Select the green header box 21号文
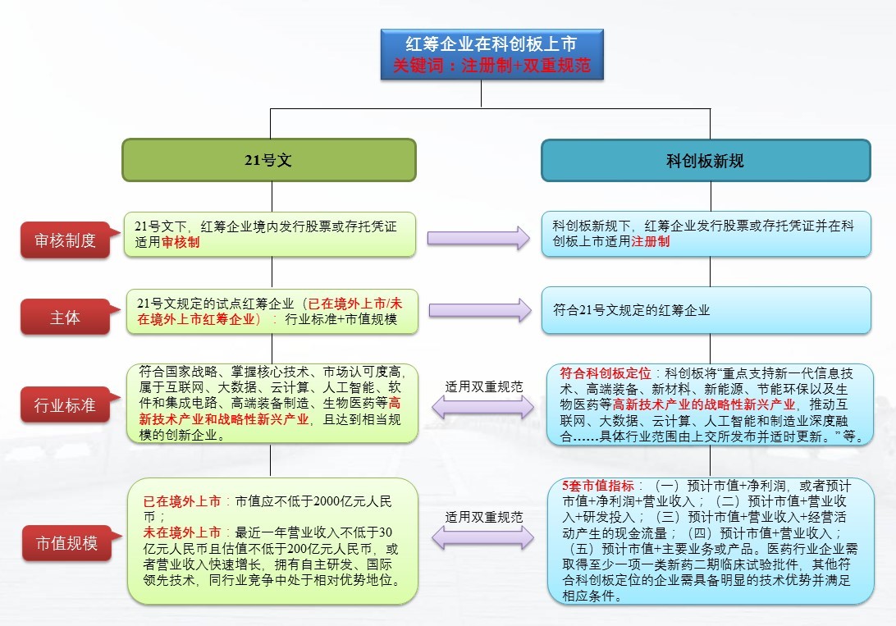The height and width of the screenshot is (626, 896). [x=268, y=161]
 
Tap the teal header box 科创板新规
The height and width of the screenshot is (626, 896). [x=705, y=161]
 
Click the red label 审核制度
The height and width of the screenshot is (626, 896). [x=65, y=240]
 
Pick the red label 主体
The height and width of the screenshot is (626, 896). [x=65, y=318]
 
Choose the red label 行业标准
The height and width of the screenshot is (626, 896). [x=65, y=404]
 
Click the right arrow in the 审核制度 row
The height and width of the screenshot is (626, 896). [x=478, y=239]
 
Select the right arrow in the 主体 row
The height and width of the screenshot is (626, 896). [x=478, y=310]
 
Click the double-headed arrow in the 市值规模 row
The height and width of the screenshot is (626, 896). [x=483, y=538]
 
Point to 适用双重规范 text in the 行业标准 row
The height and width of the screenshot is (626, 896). [x=483, y=386]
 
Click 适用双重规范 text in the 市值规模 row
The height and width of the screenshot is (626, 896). [x=483, y=517]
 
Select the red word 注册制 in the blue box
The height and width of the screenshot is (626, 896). [x=650, y=242]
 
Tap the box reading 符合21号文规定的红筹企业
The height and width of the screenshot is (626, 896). [x=706, y=310]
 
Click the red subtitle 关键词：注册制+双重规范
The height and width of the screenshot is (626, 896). [x=491, y=66]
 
